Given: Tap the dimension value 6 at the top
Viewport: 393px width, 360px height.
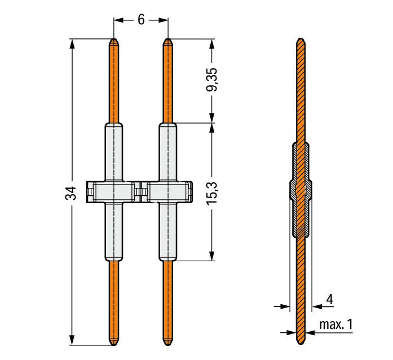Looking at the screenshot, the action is click(x=141, y=19).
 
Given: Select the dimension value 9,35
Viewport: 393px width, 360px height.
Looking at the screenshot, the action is click(x=213, y=79).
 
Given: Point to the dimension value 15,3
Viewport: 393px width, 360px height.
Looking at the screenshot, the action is click(x=213, y=194).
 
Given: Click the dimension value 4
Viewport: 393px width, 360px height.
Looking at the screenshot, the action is click(x=330, y=299).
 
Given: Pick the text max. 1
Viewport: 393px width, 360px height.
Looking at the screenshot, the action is click(x=336, y=324).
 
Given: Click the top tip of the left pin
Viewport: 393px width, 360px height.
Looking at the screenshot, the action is click(x=114, y=38).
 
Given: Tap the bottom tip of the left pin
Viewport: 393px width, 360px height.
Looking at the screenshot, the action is click(x=114, y=345).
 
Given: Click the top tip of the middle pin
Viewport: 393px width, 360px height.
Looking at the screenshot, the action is click(x=167, y=38).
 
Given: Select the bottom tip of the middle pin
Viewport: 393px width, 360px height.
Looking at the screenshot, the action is click(x=167, y=345).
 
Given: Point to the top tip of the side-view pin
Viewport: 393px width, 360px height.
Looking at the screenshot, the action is click(x=301, y=38).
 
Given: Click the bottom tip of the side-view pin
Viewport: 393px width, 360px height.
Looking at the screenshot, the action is click(x=301, y=345).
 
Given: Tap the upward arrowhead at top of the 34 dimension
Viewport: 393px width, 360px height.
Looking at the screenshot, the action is click(x=72, y=43).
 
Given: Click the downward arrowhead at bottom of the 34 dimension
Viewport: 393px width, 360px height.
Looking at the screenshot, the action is click(x=72, y=340).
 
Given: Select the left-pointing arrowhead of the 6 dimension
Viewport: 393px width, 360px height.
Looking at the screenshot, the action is click(x=119, y=20).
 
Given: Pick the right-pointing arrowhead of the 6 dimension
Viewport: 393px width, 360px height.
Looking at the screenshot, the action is click(x=163, y=20).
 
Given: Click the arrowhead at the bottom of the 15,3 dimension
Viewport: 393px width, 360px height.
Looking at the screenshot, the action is click(x=212, y=256).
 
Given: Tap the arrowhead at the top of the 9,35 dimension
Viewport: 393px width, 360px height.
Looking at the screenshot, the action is click(x=212, y=43).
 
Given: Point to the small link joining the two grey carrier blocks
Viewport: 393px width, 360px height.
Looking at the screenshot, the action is click(x=140, y=192).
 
